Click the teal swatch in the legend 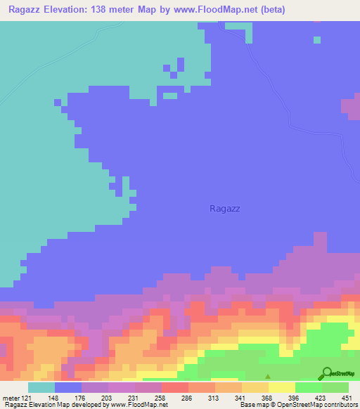click(41, 387)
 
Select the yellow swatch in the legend click(282, 387)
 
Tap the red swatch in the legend click(175, 387)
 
